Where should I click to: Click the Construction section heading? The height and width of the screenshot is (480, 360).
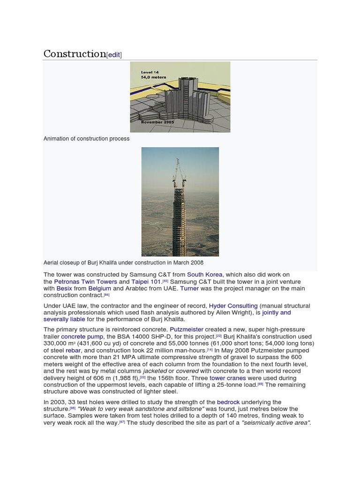pyautogui.click(x=75, y=54)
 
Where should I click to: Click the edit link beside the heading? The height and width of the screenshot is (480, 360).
pyautogui.click(x=114, y=55)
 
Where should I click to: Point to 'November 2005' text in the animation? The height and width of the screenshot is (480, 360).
pyautogui.click(x=157, y=122)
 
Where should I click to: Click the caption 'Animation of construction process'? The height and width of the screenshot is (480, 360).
pyautogui.click(x=87, y=139)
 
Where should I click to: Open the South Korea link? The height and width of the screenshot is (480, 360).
pyautogui.click(x=205, y=275)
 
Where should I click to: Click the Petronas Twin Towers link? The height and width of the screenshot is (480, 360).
pyautogui.click(x=85, y=282)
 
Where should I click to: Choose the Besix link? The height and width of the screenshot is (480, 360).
pyautogui.click(x=64, y=289)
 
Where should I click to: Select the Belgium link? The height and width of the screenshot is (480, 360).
pyautogui.click(x=99, y=289)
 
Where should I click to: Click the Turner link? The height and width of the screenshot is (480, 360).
pyautogui.click(x=189, y=289)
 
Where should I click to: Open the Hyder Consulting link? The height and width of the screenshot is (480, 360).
pyautogui.click(x=233, y=306)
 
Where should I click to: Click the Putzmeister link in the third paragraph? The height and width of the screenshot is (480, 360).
pyautogui.click(x=187, y=330)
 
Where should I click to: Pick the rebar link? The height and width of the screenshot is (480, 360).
pyautogui.click(x=73, y=350)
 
